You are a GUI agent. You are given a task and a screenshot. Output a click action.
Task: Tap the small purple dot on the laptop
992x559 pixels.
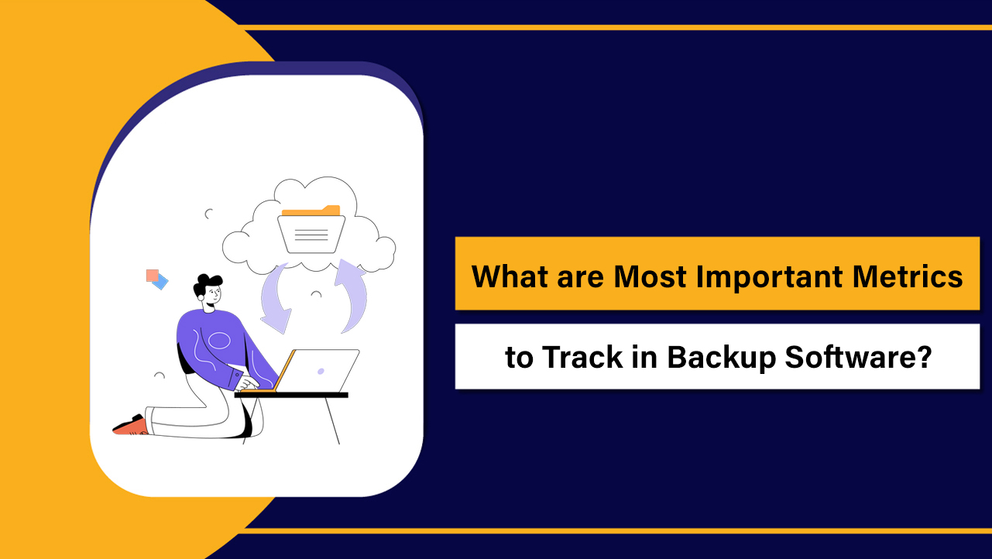(x=321, y=371)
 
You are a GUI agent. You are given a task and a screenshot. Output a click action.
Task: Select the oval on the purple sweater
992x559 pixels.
(x=218, y=340)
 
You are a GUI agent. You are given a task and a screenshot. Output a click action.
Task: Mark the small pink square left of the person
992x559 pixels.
(x=152, y=275)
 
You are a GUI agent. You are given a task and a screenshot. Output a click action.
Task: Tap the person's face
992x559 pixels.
(x=213, y=294)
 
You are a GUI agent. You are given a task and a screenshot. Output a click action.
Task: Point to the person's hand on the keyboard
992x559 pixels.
(x=249, y=383)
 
